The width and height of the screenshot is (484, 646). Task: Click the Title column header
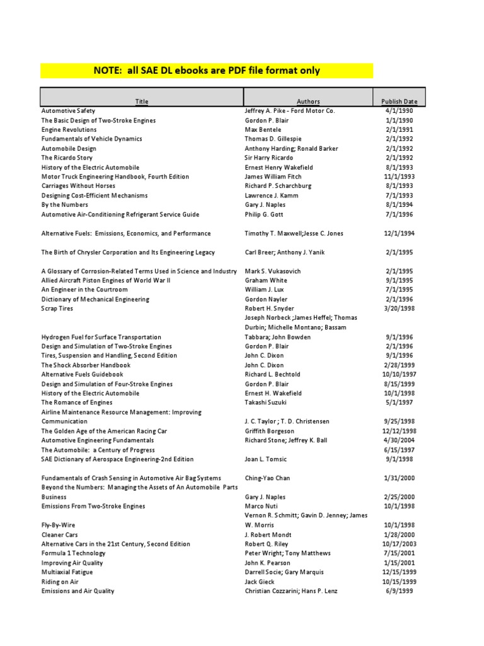[142, 101]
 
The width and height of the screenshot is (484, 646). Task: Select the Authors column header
[308, 101]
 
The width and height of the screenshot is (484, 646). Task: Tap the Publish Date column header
[399, 101]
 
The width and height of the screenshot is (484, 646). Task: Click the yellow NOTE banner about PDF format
[207, 71]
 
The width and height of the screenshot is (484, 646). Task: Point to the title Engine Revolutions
[69, 129]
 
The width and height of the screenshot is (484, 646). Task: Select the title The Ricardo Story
[67, 158]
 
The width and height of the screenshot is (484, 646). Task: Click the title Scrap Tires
[57, 308]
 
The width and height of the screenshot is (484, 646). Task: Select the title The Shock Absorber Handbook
[86, 365]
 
